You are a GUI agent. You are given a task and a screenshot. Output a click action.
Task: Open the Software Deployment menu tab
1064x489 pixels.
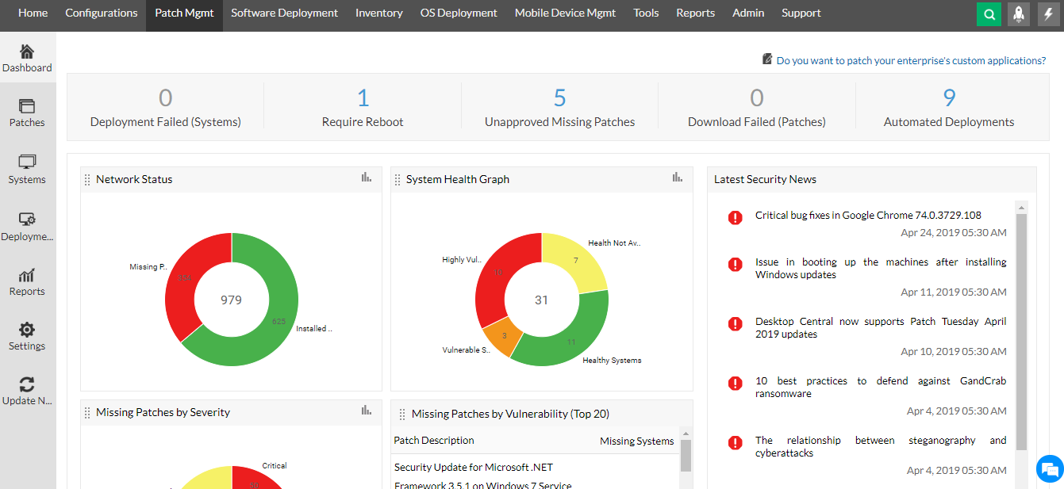pyautogui.click(x=284, y=13)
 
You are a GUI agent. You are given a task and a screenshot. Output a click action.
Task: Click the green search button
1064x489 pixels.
pyautogui.click(x=989, y=14)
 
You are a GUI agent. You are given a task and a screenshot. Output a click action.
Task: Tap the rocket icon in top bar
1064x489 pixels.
pyautogui.click(x=1019, y=14)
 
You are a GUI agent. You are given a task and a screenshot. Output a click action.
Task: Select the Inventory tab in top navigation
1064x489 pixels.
pyautogui.click(x=378, y=13)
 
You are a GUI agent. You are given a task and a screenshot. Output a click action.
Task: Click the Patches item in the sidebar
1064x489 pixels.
pyautogui.click(x=27, y=113)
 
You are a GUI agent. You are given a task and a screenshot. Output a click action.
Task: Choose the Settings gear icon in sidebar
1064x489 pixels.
pyautogui.click(x=27, y=330)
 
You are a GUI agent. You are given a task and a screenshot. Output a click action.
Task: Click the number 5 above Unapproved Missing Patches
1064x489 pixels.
pyautogui.click(x=559, y=98)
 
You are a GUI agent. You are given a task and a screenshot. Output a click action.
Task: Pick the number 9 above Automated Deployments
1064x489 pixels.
pyautogui.click(x=949, y=98)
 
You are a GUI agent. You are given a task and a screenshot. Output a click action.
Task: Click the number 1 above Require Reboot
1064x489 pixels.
pyautogui.click(x=363, y=98)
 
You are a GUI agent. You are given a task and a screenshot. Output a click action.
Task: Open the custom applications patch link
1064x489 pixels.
pyautogui.click(x=910, y=60)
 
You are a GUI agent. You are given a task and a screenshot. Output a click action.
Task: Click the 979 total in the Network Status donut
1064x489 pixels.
pyautogui.click(x=232, y=300)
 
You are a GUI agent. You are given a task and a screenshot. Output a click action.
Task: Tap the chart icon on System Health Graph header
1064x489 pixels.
pyautogui.click(x=677, y=178)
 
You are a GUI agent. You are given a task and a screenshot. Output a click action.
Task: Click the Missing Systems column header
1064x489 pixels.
pyautogui.click(x=636, y=441)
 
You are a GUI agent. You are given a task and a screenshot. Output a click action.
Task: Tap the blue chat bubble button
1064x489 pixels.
pyautogui.click(x=1049, y=468)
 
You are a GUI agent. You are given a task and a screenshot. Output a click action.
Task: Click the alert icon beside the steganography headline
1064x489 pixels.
pyautogui.click(x=736, y=442)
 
